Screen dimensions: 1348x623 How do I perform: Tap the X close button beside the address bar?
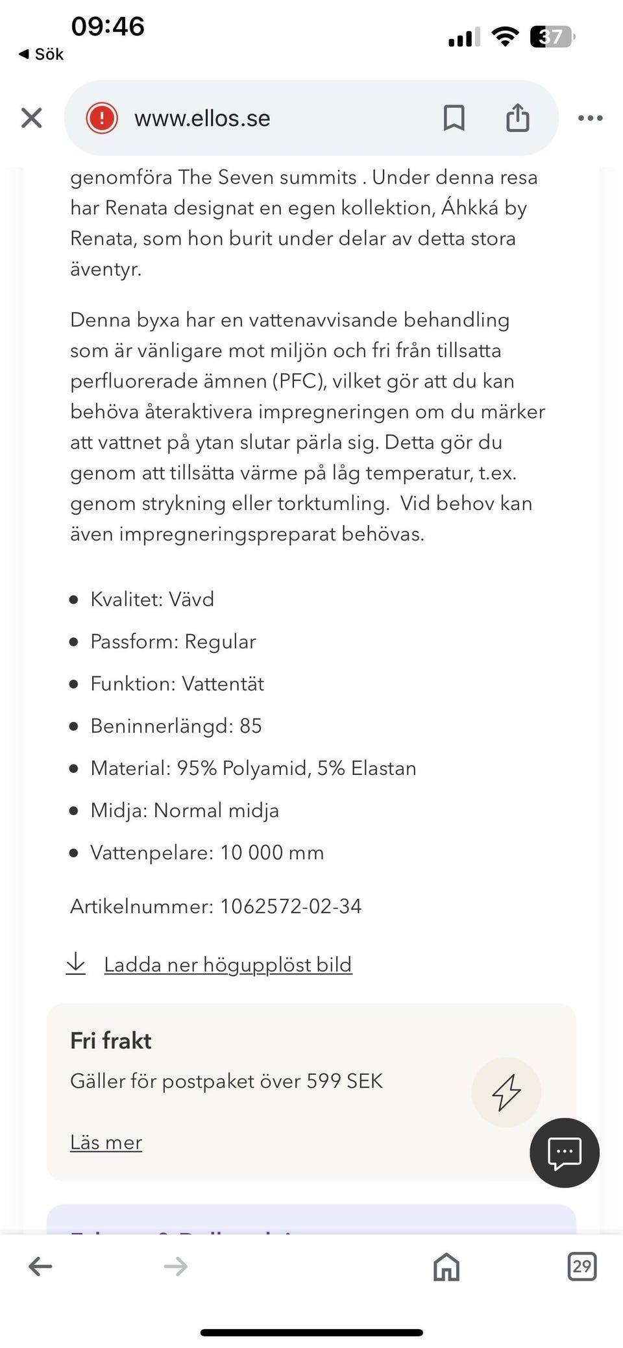(x=31, y=118)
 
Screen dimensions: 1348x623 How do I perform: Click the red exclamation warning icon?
(x=102, y=118)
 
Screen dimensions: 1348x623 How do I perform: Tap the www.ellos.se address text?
(x=202, y=118)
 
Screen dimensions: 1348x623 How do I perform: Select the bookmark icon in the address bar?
(x=454, y=118)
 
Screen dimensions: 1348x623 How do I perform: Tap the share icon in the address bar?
(x=517, y=118)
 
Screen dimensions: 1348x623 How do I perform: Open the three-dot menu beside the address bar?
(x=590, y=118)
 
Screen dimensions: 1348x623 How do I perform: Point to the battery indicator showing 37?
(x=552, y=37)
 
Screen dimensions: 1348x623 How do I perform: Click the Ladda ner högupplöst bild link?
(x=228, y=965)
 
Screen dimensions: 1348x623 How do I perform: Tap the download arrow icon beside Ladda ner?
(x=76, y=964)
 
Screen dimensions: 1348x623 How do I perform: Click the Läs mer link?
(x=106, y=1142)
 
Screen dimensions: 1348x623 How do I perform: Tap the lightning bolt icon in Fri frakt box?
(x=506, y=1092)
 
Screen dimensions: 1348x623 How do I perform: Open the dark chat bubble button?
(x=564, y=1153)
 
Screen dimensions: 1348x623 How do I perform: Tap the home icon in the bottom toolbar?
(x=446, y=1266)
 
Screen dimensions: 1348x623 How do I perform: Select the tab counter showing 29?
(x=581, y=1266)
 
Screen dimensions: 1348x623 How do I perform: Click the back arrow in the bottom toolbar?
(x=40, y=1266)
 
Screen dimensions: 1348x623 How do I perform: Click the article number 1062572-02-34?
(x=291, y=906)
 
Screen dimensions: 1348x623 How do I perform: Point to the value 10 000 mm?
(x=272, y=852)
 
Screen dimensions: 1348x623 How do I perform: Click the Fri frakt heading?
(x=111, y=1040)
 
